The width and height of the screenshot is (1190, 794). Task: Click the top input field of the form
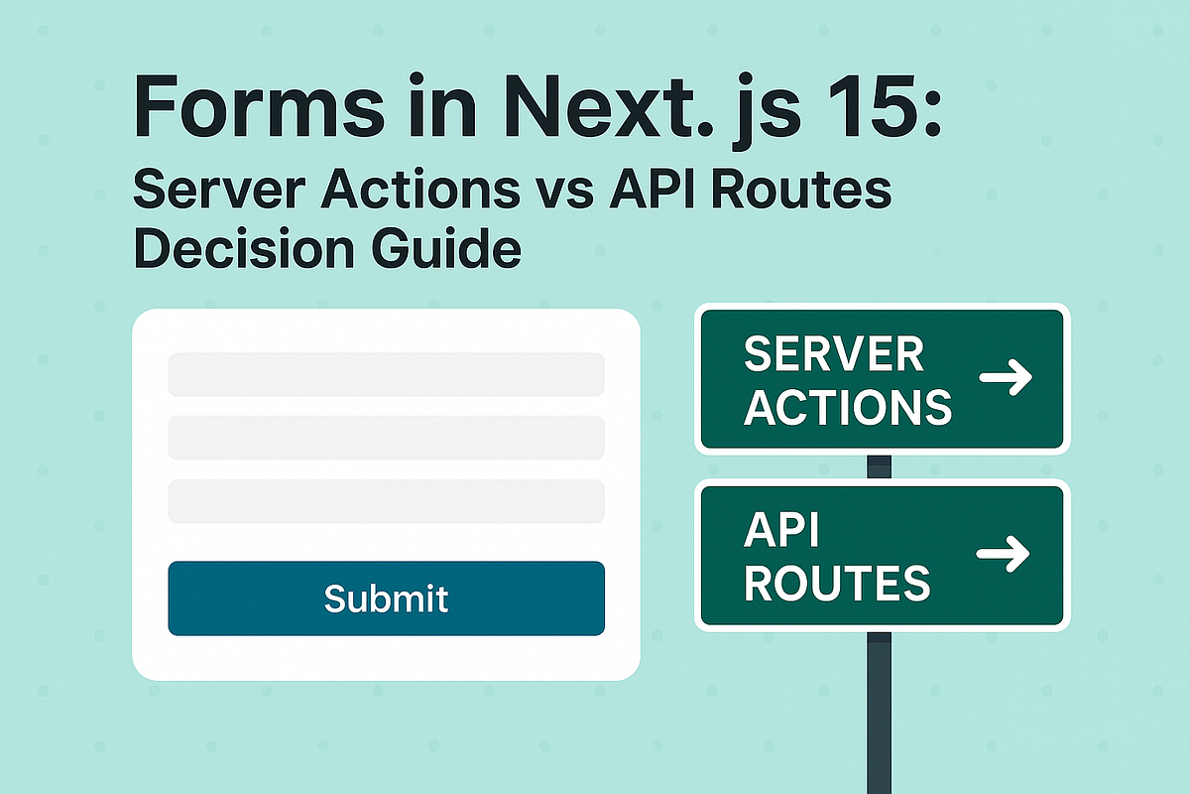click(386, 374)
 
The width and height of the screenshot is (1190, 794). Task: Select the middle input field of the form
click(386, 438)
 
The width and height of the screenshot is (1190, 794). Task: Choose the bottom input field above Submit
click(386, 501)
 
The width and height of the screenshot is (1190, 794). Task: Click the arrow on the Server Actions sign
click(1006, 378)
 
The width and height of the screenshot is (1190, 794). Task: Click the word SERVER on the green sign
click(833, 354)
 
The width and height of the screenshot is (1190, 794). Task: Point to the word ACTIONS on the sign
click(847, 406)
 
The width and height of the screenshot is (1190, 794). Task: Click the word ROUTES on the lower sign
click(837, 584)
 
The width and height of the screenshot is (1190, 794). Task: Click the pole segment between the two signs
click(880, 466)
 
